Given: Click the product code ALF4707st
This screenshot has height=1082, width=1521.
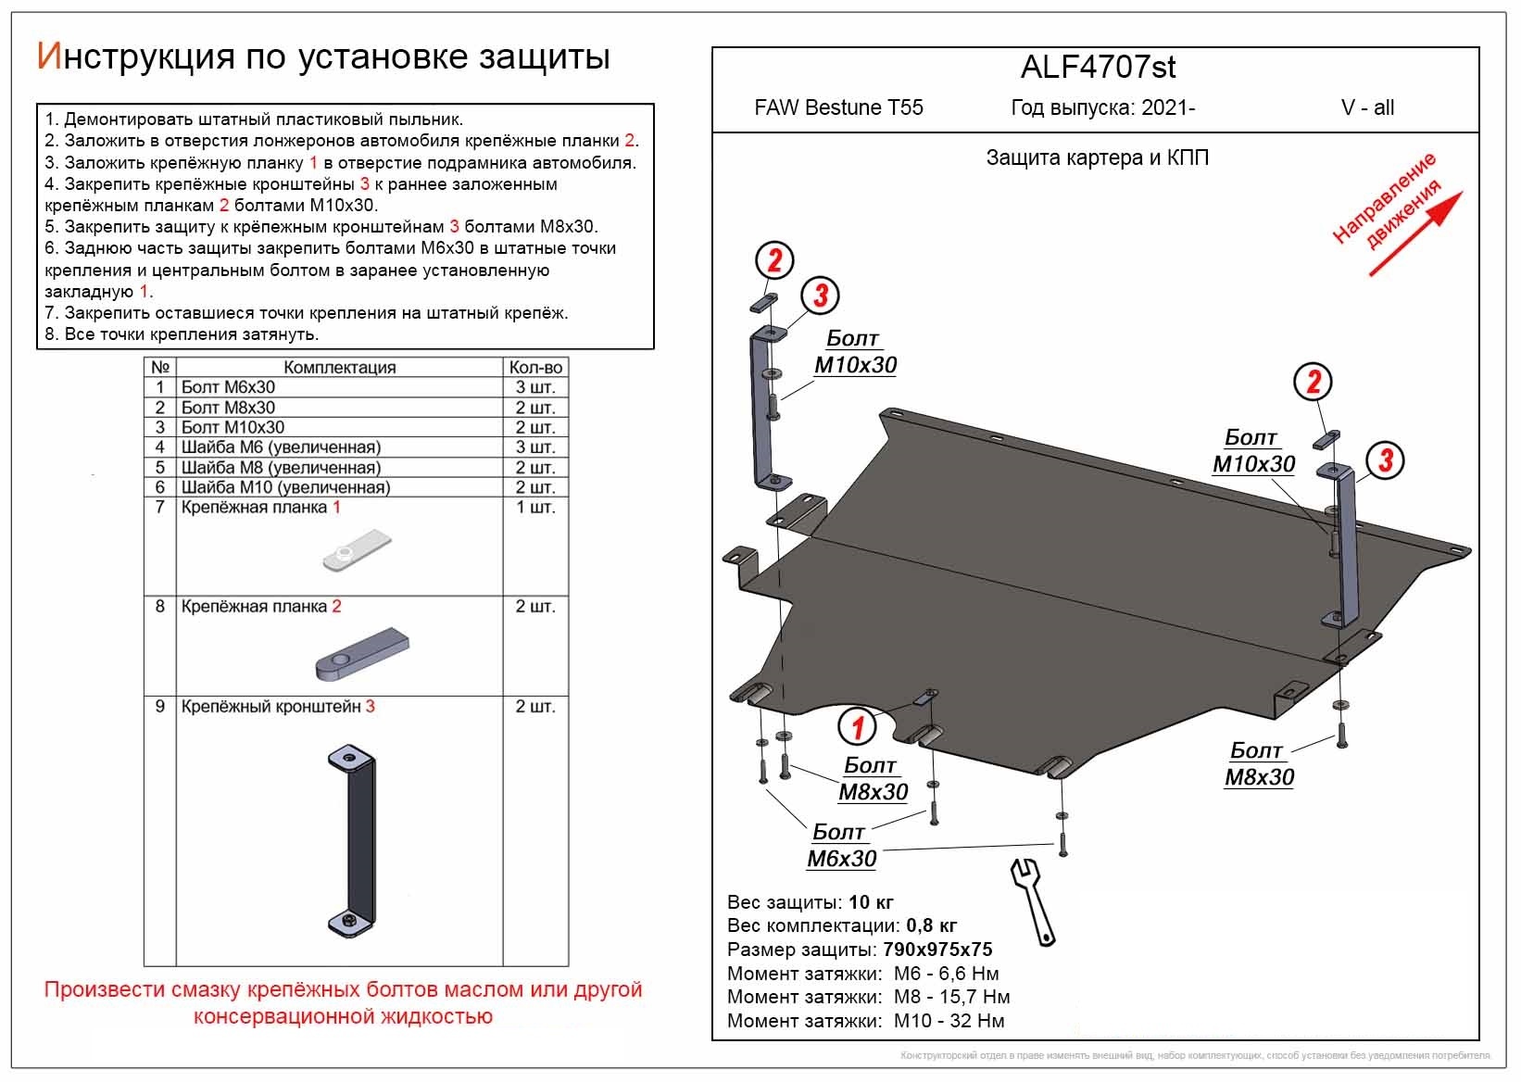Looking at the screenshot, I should (x=1098, y=67).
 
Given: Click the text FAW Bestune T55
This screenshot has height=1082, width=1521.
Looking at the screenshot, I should (x=838, y=107).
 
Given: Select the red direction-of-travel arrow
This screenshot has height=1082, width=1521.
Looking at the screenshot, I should (x=1415, y=233).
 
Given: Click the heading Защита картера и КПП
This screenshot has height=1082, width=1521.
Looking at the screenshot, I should (x=1097, y=157).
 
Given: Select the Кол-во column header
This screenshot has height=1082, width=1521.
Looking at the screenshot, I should (x=535, y=367).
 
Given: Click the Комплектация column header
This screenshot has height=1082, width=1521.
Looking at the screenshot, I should (x=339, y=367).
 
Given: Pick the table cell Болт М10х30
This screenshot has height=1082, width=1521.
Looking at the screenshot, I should (x=233, y=427).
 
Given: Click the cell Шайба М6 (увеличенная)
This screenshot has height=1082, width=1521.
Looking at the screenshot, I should (x=281, y=447).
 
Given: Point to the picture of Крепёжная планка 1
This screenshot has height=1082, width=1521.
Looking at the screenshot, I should (x=356, y=551).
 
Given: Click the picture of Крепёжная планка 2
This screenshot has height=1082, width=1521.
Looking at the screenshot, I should (x=362, y=651).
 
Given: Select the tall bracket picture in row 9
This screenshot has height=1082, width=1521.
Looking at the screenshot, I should (x=353, y=838).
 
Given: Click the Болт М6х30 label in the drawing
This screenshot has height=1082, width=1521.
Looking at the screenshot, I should (x=841, y=846).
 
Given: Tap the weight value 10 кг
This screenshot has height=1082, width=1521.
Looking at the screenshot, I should (x=871, y=901).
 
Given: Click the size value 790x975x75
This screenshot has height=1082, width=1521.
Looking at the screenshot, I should (x=936, y=950).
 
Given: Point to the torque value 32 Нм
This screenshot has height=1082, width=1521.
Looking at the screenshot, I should (x=976, y=1021).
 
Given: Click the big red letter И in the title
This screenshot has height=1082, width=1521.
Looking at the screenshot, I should (x=48, y=57).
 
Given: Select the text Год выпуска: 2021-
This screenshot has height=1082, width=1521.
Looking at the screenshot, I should (x=1102, y=107).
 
